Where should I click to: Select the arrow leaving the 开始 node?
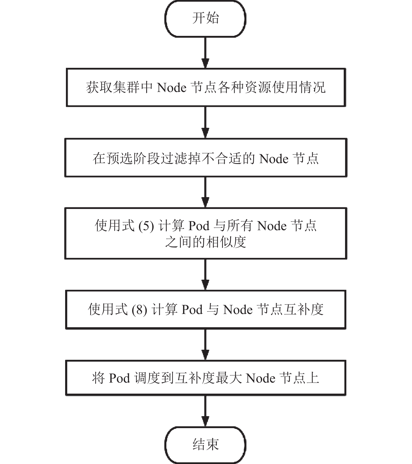[x=205, y=53]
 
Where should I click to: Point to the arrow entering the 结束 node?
[x=205, y=411]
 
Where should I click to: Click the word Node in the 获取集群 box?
[x=172, y=87]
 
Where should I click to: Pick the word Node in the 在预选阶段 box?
[x=274, y=159]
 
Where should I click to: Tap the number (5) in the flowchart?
[x=146, y=226]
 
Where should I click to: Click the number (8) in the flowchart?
[x=139, y=310]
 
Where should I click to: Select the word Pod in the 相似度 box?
[x=199, y=226]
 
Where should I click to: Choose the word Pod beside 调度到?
[x=119, y=378]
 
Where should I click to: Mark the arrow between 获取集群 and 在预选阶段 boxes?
[x=205, y=123]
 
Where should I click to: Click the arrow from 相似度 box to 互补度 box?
[x=205, y=275]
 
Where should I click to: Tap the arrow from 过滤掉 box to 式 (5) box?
[x=205, y=192]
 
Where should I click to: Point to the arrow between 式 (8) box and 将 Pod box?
[x=205, y=345]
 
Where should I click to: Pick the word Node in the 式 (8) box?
[x=238, y=310]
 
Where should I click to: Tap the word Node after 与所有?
[x=272, y=226]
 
